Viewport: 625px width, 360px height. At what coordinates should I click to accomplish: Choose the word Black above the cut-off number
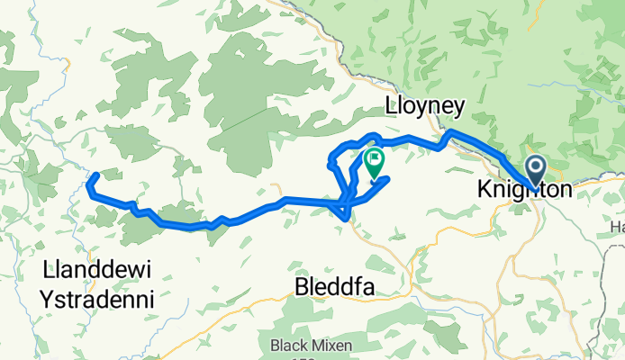(287, 345)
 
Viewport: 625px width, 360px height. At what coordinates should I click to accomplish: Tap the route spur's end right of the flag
(386, 180)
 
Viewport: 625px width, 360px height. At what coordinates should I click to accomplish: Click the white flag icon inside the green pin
(374, 159)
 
